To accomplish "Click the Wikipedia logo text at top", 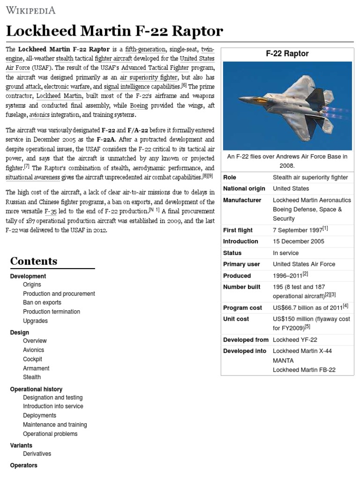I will pos(30,10).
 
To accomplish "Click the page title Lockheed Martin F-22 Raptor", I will pos(114,31).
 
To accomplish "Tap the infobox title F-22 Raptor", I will pos(287,53).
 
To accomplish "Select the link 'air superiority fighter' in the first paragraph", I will pos(149,77).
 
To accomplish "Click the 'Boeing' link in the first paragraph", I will pos(138,105).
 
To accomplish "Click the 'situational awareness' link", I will pos(32,177).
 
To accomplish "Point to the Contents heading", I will pos(34,261).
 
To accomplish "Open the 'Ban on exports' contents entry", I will pos(42,303).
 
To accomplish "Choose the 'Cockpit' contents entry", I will pos(32,359).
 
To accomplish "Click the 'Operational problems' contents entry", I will pos(50,434).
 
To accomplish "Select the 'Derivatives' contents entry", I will pos(37,454).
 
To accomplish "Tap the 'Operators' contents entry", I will pos(23,465).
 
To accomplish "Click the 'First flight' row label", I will pos(238,230).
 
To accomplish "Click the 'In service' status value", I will pos(285,253).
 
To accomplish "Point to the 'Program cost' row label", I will pos(240,307).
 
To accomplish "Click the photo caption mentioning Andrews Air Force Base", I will pos(287,161).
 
